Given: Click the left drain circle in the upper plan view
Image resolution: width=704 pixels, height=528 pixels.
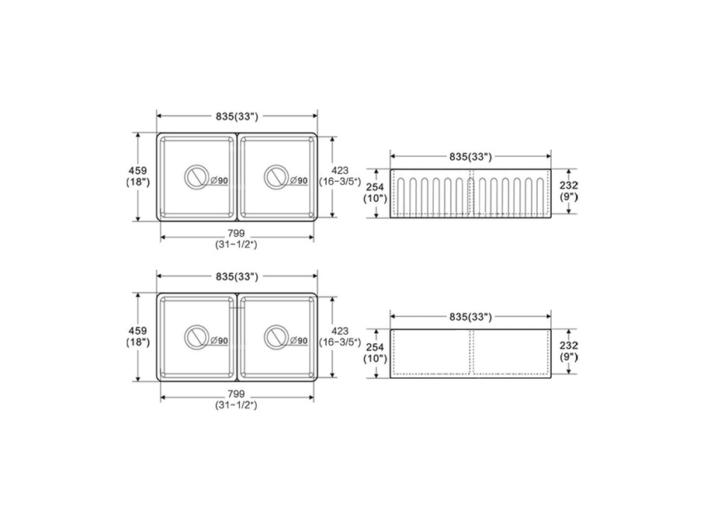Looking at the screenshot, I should click(x=197, y=177).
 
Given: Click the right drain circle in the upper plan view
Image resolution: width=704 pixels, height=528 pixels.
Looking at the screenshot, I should click(x=276, y=177).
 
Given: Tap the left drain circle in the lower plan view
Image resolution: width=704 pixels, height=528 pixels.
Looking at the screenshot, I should click(x=197, y=337).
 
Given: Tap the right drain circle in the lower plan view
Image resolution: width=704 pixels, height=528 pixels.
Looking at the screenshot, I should click(x=276, y=337).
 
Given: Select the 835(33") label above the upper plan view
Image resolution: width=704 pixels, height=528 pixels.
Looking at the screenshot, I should click(x=237, y=116).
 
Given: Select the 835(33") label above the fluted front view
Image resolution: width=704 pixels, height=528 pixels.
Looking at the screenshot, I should click(x=471, y=156).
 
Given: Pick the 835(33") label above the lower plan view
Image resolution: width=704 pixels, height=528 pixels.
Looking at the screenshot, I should click(x=237, y=276).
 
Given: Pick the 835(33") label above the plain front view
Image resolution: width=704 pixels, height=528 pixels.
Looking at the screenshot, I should click(x=471, y=317).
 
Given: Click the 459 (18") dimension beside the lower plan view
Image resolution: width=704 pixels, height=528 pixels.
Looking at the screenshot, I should click(x=137, y=336).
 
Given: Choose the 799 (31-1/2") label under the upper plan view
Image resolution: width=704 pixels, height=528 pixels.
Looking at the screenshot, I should click(x=237, y=238).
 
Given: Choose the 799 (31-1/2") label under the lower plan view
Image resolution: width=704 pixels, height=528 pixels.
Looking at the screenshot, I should click(x=237, y=398).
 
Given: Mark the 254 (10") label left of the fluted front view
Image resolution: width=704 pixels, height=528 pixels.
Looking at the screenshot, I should click(x=375, y=192).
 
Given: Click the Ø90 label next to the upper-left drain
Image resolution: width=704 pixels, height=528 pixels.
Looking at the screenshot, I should click(x=220, y=181).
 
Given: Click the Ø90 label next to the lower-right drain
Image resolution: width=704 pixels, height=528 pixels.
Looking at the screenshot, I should click(x=299, y=341).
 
